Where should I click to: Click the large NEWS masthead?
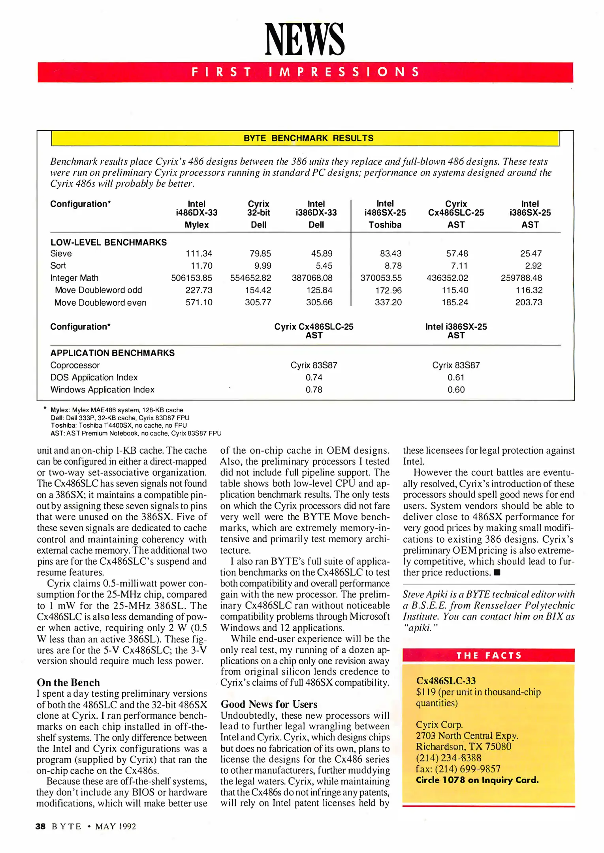304,39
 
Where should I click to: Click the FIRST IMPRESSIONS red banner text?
305,72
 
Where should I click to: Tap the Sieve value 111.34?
199,254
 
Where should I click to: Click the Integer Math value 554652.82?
250,278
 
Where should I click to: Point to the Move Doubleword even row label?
100,302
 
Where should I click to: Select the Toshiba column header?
385,225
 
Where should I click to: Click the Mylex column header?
196,225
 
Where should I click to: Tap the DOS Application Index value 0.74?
314,378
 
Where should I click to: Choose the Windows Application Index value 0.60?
455,390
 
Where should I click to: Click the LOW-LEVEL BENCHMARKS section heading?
108,242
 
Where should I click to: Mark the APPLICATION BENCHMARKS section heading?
112,353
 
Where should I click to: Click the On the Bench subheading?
68,682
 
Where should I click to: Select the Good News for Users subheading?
269,704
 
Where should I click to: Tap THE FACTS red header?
489,656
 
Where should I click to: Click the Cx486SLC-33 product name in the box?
446,681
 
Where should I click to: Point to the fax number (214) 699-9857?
458,769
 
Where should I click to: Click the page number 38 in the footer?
40,827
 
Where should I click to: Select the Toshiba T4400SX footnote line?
119,425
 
